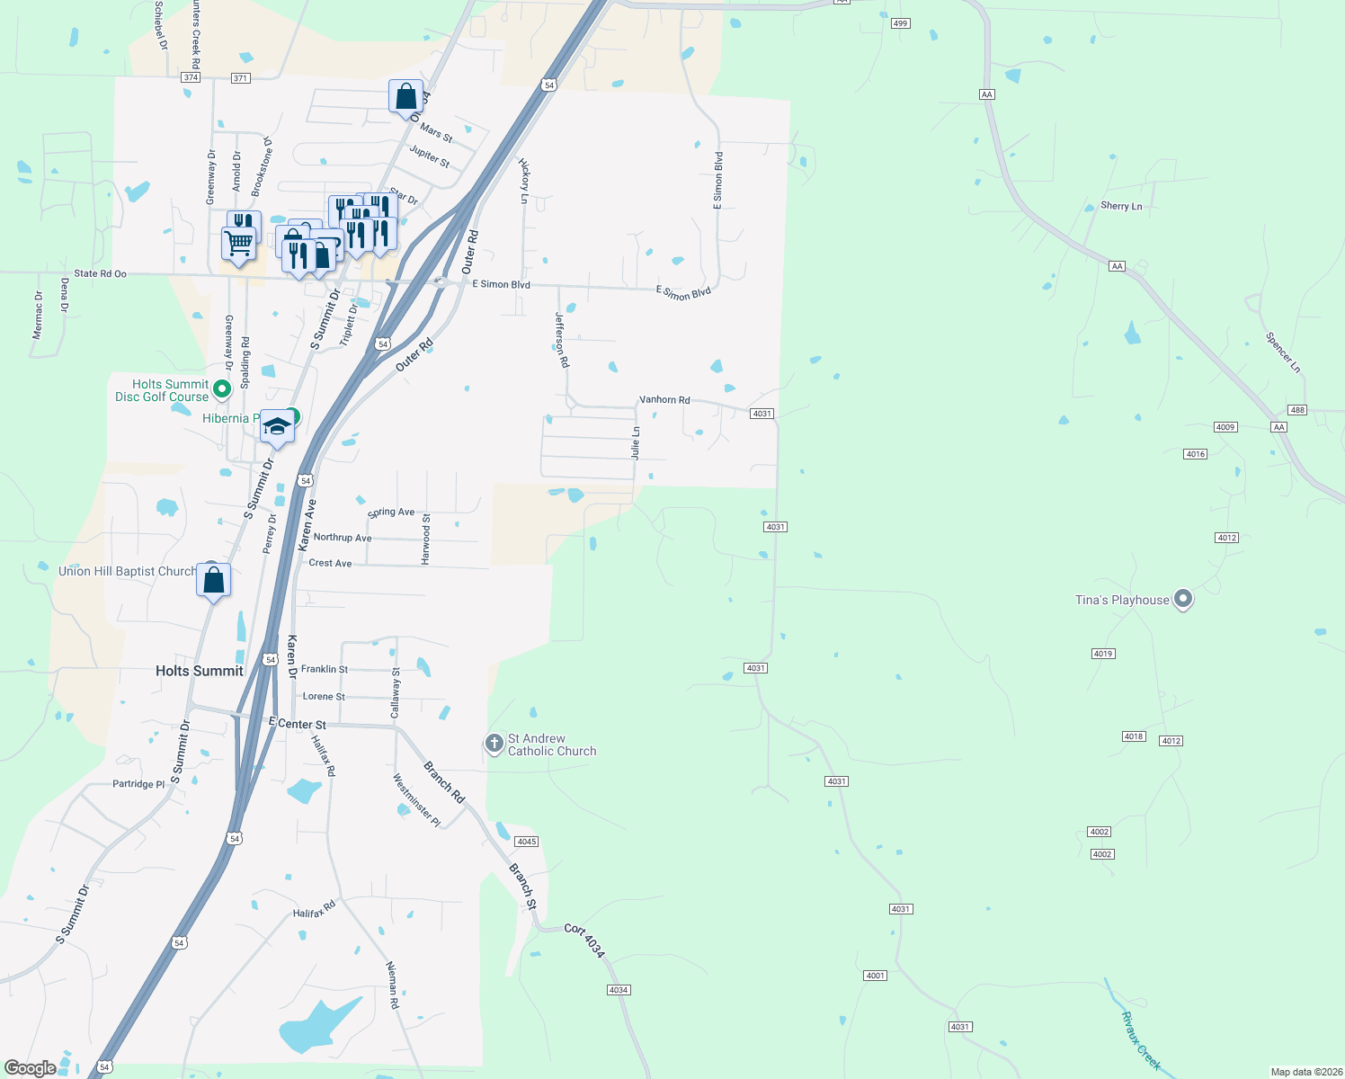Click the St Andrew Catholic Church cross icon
[x=494, y=744]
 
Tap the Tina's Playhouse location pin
[x=1183, y=599]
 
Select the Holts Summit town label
[x=200, y=671]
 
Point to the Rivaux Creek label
[x=1141, y=1041]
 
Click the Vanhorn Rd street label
[x=664, y=399]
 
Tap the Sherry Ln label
[x=1121, y=206]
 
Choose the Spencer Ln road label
[x=1282, y=352]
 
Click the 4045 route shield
[x=526, y=842]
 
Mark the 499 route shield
[x=901, y=23]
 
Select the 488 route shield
[x=1296, y=410]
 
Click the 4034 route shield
[x=618, y=990]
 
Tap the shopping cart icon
[x=238, y=243]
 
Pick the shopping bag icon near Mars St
[x=406, y=96]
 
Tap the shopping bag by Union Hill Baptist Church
[x=214, y=580]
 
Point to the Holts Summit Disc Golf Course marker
[x=222, y=389]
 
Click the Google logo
[x=31, y=1068]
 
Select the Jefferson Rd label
[x=562, y=339]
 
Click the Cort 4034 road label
[x=584, y=940]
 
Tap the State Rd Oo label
[x=101, y=273]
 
